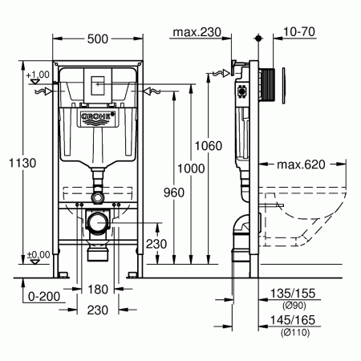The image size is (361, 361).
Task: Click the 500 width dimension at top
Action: point(98,38)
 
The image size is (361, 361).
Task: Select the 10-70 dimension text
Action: point(298,32)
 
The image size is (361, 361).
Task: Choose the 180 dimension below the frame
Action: point(98,289)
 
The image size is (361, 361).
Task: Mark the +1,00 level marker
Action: point(37,75)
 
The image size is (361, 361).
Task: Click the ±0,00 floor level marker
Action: point(37,254)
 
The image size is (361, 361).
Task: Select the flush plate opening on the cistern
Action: point(98,84)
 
